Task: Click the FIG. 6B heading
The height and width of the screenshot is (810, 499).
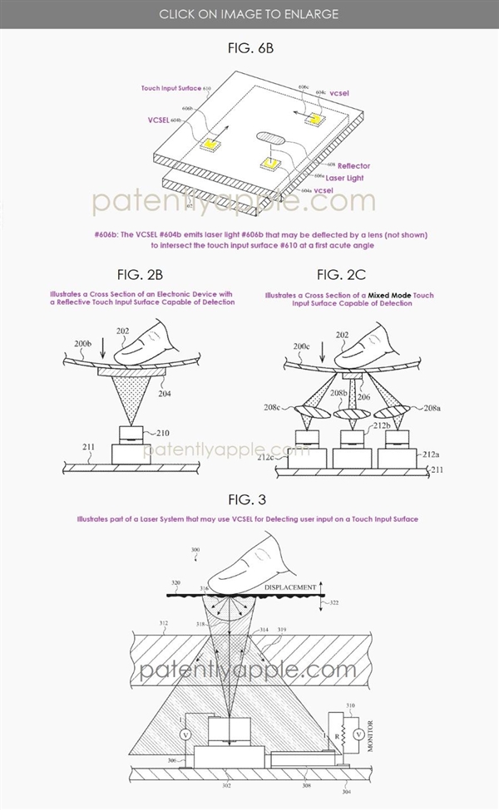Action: coord(249,48)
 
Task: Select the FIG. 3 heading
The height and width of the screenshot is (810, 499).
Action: coord(249,498)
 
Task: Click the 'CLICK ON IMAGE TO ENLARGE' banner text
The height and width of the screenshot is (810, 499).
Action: coord(249,14)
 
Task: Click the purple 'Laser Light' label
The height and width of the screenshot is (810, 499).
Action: coord(344,177)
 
